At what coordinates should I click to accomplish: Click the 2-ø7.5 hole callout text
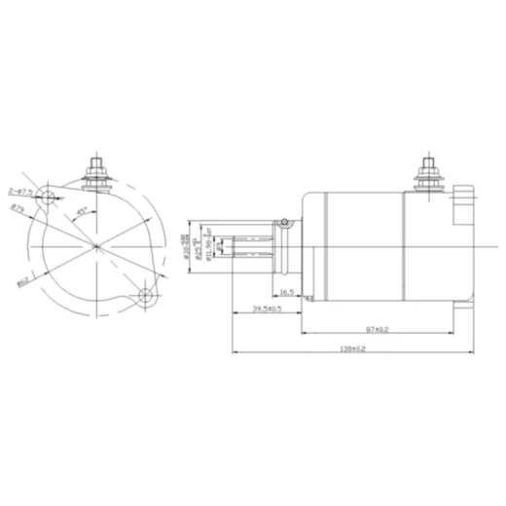[x=20, y=190]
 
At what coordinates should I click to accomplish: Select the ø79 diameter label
[x=18, y=207]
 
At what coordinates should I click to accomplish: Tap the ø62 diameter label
[x=21, y=283]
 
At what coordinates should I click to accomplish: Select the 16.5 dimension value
[x=286, y=292]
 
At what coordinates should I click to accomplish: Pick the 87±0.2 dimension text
[x=378, y=330]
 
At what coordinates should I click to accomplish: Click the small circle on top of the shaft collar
[x=284, y=221]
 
